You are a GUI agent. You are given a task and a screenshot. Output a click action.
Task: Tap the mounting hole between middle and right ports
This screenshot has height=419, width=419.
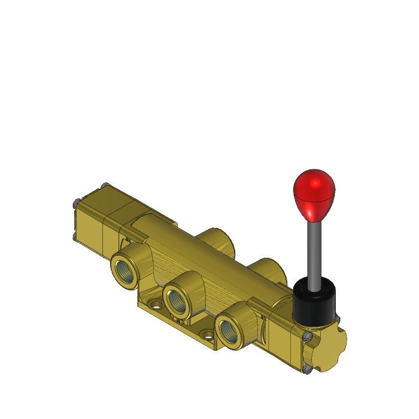[207, 330]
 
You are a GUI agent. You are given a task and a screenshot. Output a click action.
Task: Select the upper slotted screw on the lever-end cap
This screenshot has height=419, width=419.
[308, 338]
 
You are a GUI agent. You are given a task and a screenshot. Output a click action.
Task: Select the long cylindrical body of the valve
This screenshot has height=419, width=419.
[198, 263]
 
